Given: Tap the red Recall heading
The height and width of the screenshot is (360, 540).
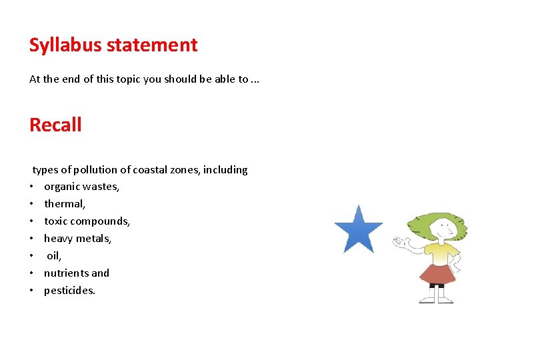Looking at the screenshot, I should pos(55,125).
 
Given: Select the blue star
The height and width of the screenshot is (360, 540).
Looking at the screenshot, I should pos(359,231).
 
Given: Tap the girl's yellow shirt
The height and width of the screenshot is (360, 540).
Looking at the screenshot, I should pos(439,253).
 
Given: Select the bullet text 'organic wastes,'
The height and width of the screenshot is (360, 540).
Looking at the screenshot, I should pos(81,187).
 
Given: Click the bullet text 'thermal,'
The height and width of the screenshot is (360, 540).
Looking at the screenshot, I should pos(65,204).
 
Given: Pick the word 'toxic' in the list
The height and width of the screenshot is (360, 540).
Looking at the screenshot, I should pos(57,221).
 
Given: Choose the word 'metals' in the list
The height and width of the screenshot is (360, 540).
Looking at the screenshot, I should pos(95,239).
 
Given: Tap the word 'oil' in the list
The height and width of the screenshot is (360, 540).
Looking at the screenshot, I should pos(53,256).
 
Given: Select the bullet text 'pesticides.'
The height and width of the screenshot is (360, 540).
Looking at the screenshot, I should pos(69,291).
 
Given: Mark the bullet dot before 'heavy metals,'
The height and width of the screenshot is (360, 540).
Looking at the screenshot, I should pos(31,239).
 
